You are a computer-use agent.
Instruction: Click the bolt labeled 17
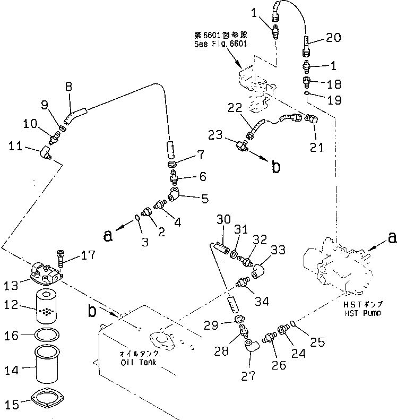click(x=60, y=260)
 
